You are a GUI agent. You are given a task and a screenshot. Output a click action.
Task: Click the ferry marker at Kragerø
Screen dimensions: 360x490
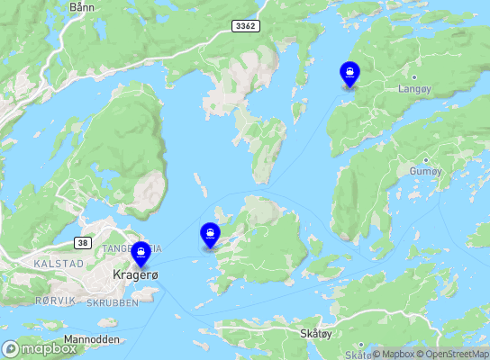[141, 253]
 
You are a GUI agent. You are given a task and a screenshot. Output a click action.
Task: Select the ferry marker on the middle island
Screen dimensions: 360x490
[210, 235]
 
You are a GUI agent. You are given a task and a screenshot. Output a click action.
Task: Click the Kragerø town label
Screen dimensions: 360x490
[136, 274]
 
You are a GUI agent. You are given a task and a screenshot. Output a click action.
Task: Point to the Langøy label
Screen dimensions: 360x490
[414, 89]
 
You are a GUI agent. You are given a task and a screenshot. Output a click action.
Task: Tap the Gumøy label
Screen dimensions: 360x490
[426, 171]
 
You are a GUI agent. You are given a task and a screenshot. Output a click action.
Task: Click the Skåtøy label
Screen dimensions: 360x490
[314, 333]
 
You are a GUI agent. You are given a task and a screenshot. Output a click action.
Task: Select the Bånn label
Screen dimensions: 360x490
[81, 6]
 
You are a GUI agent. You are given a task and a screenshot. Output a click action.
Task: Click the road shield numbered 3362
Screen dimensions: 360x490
[245, 25]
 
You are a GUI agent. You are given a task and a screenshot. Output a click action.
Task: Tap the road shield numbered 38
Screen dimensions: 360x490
[82, 243]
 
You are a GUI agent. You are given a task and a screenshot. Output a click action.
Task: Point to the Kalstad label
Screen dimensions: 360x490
[59, 264]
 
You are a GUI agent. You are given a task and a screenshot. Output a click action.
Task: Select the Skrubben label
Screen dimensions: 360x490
[113, 303]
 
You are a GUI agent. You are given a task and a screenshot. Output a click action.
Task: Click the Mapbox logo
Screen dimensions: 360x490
[40, 348]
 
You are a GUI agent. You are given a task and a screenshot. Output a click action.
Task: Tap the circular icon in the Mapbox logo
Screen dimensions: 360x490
[11, 348]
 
